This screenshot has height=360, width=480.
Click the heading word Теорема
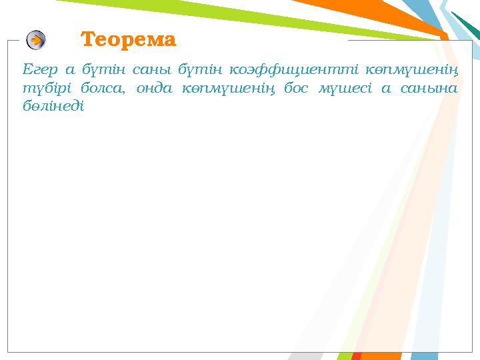pyautogui.click(x=129, y=40)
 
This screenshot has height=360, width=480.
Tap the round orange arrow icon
pyautogui.click(x=36, y=40)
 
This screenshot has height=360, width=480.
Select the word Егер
pyautogui.click(x=37, y=69)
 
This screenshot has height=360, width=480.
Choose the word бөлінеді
pyautogui.click(x=53, y=106)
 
